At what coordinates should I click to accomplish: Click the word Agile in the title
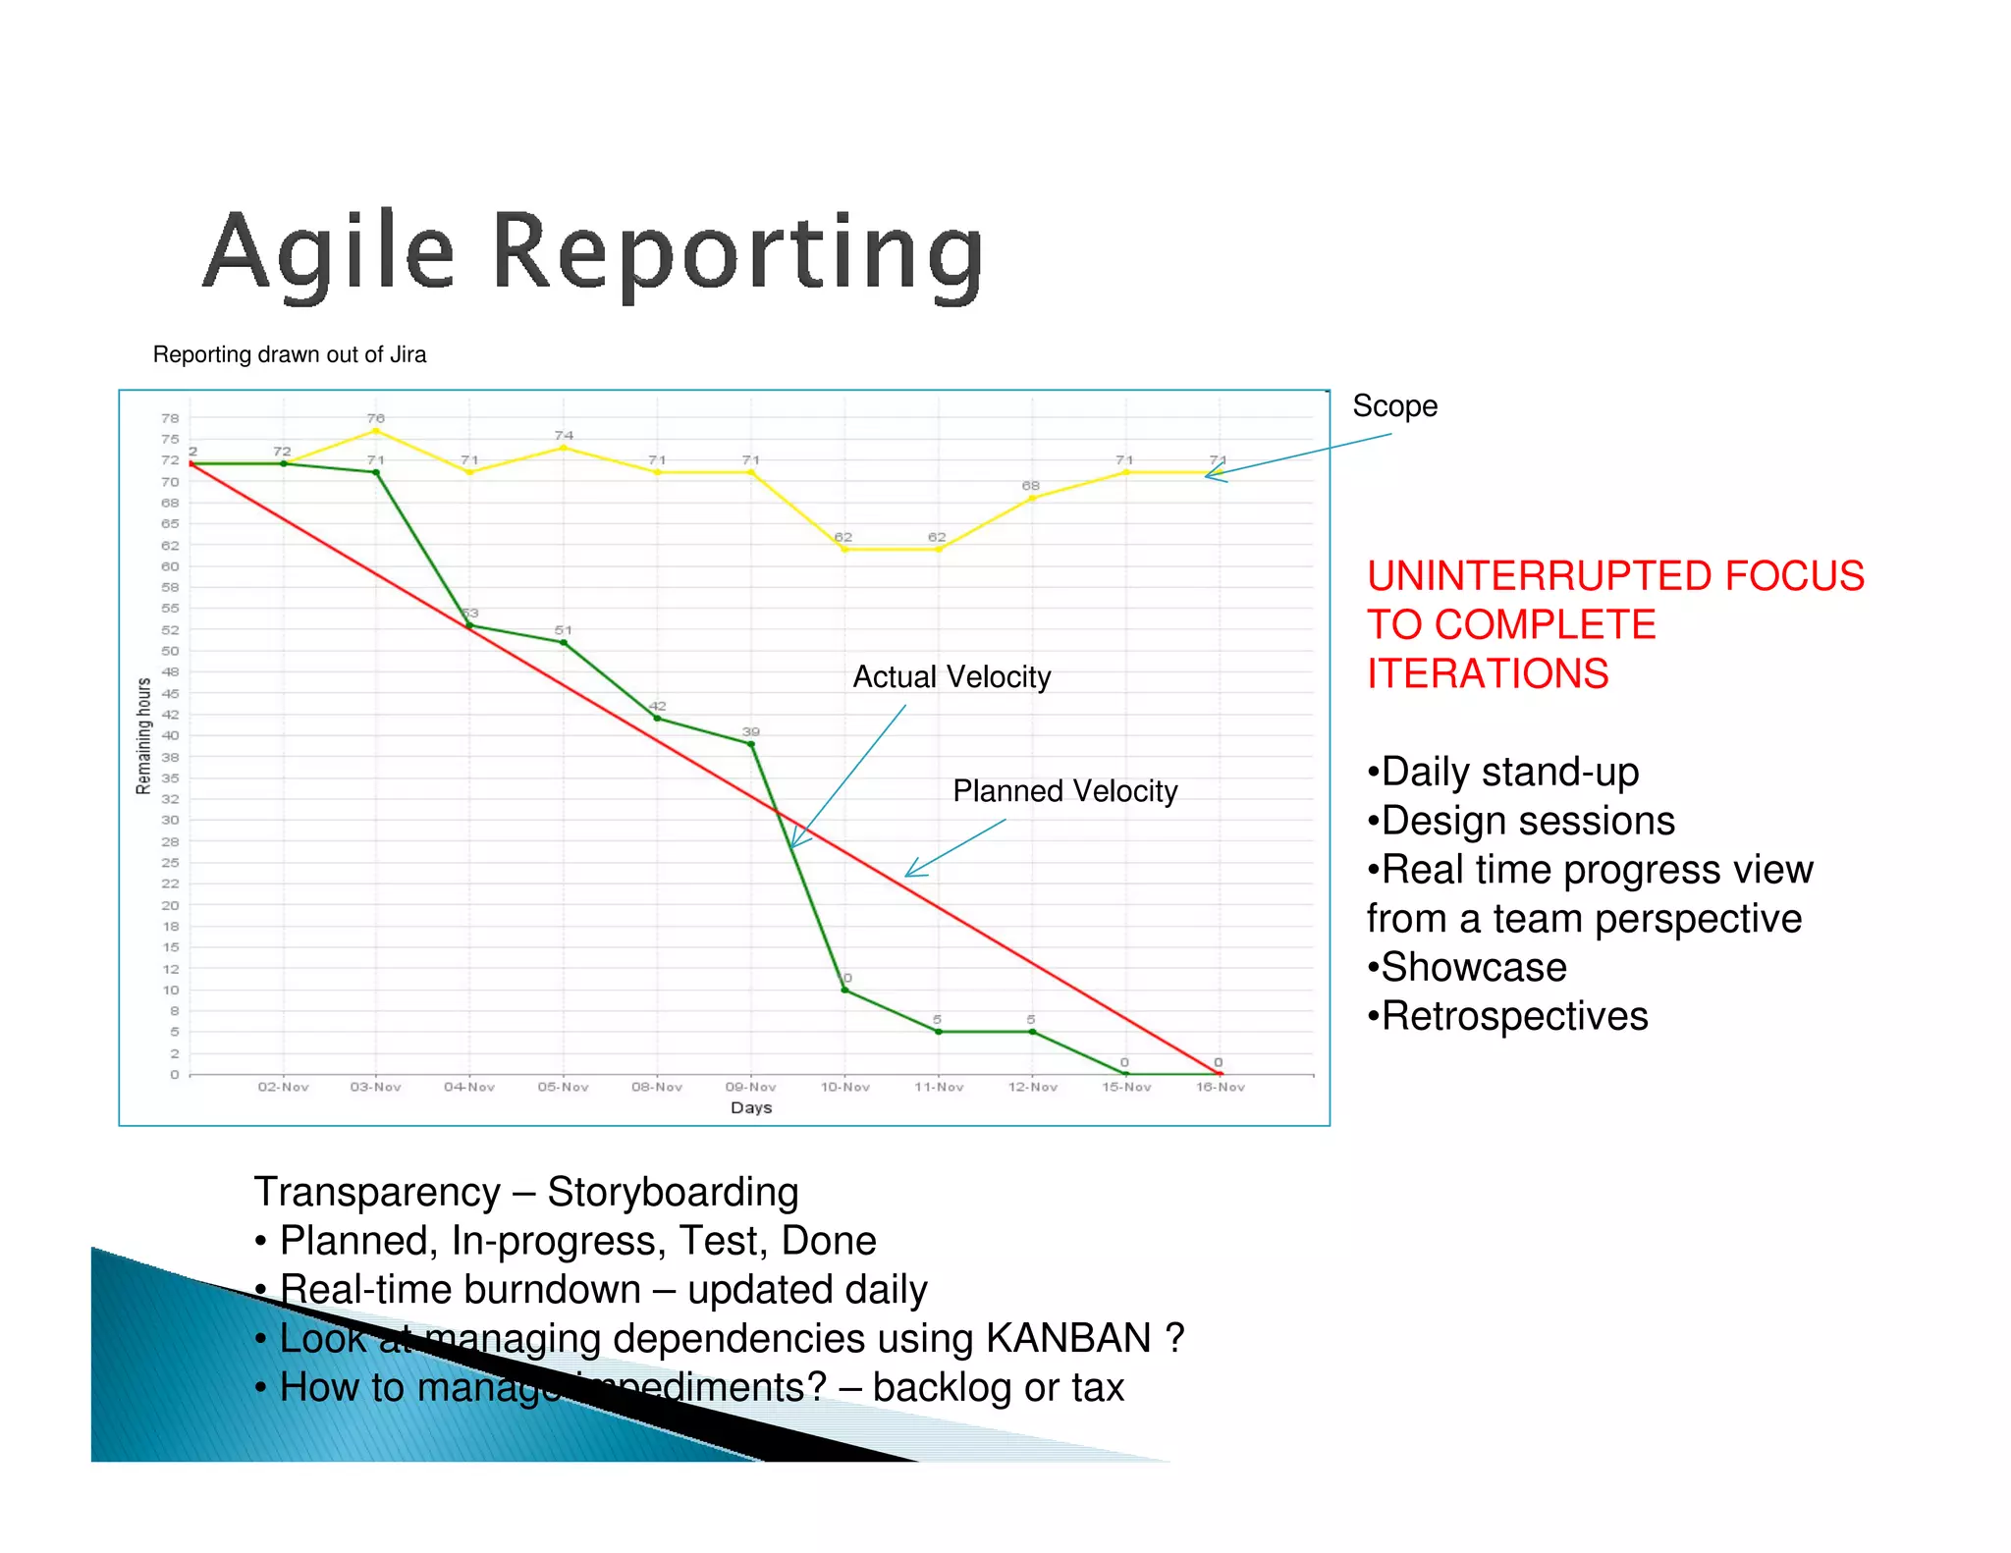pos(328,253)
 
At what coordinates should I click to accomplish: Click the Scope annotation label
pos(1394,406)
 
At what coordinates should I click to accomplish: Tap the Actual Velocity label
pos(951,677)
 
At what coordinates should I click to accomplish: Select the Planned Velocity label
pos(1064,791)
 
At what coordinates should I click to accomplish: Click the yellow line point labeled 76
pos(375,431)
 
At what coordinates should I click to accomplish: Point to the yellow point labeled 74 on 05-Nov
pos(563,448)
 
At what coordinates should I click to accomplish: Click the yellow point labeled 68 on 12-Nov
pos(1031,499)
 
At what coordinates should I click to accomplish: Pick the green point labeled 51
pos(563,643)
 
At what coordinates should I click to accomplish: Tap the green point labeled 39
pos(751,744)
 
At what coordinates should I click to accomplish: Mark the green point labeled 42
pos(657,719)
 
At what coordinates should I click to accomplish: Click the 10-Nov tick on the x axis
pos(844,1087)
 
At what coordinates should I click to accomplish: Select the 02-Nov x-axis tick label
pos(283,1087)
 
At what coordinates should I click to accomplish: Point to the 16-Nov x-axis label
pos(1220,1087)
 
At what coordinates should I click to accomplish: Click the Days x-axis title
pos(751,1107)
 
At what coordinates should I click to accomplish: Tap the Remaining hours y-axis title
pos(143,735)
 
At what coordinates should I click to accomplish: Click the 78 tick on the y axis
pos(170,418)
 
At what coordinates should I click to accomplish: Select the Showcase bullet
pos(1473,968)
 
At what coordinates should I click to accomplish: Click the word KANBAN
pos(1068,1339)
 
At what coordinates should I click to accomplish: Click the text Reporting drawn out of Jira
pos(290,354)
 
